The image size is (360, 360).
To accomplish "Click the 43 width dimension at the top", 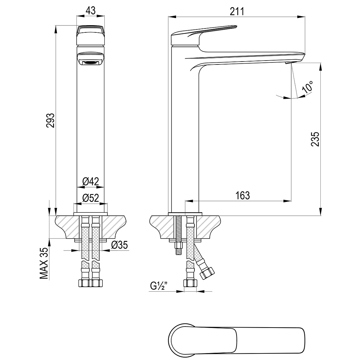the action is (x=90, y=10).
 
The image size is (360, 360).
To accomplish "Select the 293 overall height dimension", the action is (x=50, y=120).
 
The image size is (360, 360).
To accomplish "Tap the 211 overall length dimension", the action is (x=237, y=11).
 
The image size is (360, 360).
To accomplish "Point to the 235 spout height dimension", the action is (x=315, y=139).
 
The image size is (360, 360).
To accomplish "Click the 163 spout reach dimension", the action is (x=243, y=195).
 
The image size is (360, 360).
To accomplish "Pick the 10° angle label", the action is (x=308, y=87).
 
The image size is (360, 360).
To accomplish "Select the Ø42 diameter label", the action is (x=90, y=182).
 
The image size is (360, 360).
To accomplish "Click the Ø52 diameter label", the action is (x=90, y=198).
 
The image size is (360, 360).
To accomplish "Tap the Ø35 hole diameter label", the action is (x=119, y=245).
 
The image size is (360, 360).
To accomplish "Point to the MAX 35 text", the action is (x=44, y=263).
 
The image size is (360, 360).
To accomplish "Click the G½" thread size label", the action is (x=159, y=286).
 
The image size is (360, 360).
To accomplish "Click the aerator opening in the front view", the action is (x=90, y=63).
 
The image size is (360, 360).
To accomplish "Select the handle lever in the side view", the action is (x=204, y=35).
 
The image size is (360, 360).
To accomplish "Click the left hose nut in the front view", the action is (x=84, y=283).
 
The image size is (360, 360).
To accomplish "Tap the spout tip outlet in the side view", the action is (x=288, y=63).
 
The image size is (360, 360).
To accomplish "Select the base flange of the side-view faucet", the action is (x=185, y=214).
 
